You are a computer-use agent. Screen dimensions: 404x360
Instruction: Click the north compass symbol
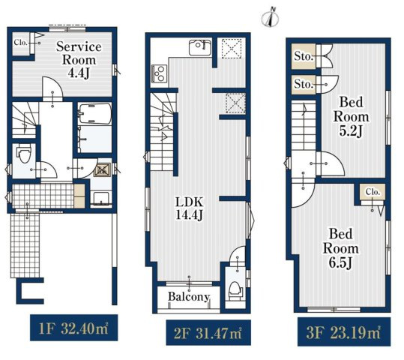pyautogui.click(x=271, y=17)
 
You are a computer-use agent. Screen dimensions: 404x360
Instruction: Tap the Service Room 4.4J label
pyautogui.click(x=79, y=60)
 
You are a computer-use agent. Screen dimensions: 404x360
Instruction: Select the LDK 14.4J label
pyautogui.click(x=189, y=208)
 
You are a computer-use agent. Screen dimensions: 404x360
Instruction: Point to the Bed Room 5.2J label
pyautogui.click(x=351, y=116)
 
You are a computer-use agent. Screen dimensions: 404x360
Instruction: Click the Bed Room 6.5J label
pyautogui.click(x=340, y=248)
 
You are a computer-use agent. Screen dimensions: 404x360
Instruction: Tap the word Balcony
pyautogui.click(x=189, y=296)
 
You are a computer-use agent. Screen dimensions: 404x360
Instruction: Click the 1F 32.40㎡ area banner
pyautogui.click(x=74, y=328)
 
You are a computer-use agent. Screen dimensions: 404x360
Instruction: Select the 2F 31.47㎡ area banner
pyautogui.click(x=208, y=333)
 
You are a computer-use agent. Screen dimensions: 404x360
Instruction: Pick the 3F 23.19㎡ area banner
pyautogui.click(x=344, y=332)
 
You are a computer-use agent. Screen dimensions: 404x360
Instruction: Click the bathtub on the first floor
pyautogui.click(x=95, y=113)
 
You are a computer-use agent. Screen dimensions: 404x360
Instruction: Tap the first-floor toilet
pyautogui.click(x=24, y=153)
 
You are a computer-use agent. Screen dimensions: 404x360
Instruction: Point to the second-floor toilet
pyautogui.click(x=235, y=291)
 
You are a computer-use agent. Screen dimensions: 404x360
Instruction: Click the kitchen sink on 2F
pyautogui.click(x=200, y=47)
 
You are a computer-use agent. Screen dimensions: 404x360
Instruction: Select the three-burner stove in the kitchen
pyautogui.click(x=159, y=73)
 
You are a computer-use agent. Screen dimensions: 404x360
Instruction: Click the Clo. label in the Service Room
pyautogui.click(x=21, y=42)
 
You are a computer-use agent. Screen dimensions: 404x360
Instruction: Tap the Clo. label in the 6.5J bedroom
pyautogui.click(x=373, y=192)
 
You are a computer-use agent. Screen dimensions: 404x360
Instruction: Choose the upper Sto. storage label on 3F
pyautogui.click(x=304, y=56)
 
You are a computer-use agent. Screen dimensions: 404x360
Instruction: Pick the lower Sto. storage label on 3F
pyautogui.click(x=304, y=84)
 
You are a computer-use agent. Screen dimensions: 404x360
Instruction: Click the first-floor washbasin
pyautogui.click(x=100, y=199)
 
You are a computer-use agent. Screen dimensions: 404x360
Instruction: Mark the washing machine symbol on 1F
pyautogui.click(x=102, y=169)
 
